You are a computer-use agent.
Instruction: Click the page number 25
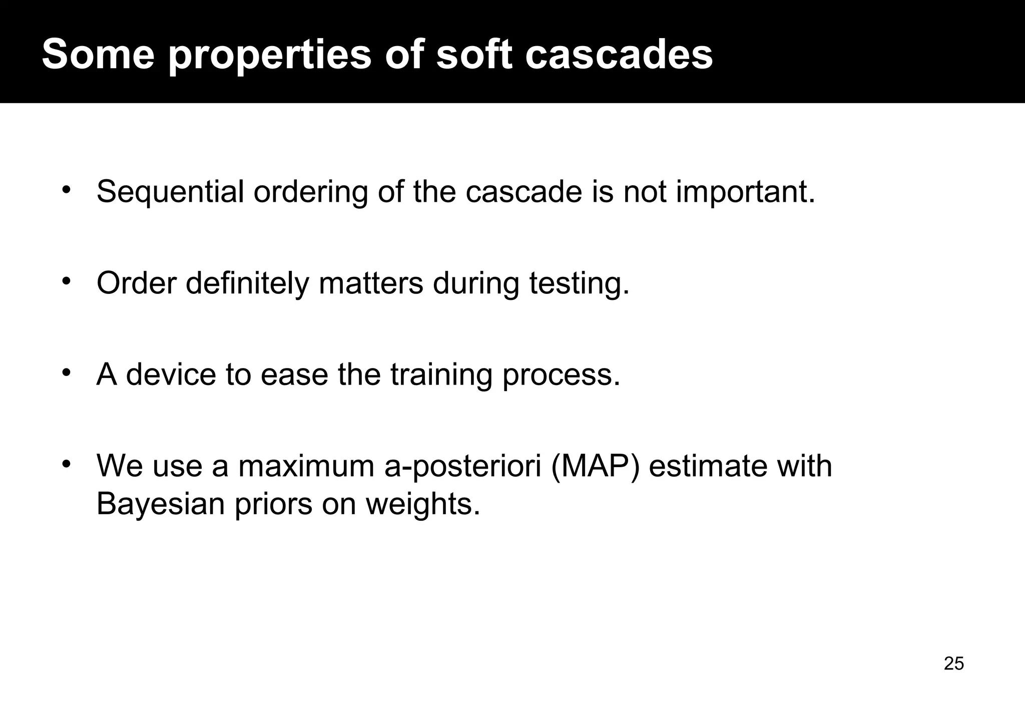954,663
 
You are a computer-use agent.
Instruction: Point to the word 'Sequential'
170,192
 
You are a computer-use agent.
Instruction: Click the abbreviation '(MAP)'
595,467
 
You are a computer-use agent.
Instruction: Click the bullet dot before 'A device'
66,373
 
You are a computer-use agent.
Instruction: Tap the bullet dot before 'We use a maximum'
66,464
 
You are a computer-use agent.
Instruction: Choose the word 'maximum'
306,467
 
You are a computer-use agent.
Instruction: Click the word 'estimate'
708,467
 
